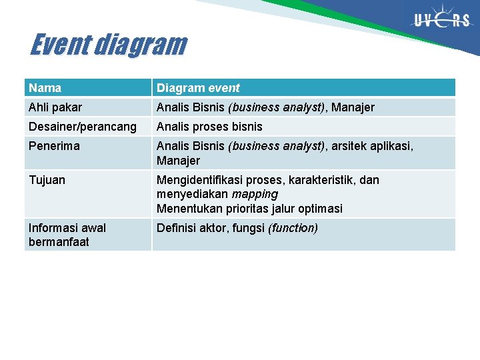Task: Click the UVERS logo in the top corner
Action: [442, 19]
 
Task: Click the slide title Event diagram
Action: [108, 45]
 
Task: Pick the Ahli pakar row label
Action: [55, 107]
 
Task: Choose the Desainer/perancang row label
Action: [83, 127]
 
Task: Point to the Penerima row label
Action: [54, 146]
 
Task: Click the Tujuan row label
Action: [47, 180]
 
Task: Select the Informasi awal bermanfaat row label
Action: [67, 235]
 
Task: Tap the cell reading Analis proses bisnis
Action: [209, 127]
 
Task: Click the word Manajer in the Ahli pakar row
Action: [353, 107]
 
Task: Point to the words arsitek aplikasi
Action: [371, 146]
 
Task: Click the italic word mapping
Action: [255, 194]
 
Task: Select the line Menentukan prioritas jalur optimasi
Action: [249, 209]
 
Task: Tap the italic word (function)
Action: [293, 228]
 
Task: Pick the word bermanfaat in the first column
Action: [59, 242]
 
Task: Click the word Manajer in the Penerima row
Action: [178, 161]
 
